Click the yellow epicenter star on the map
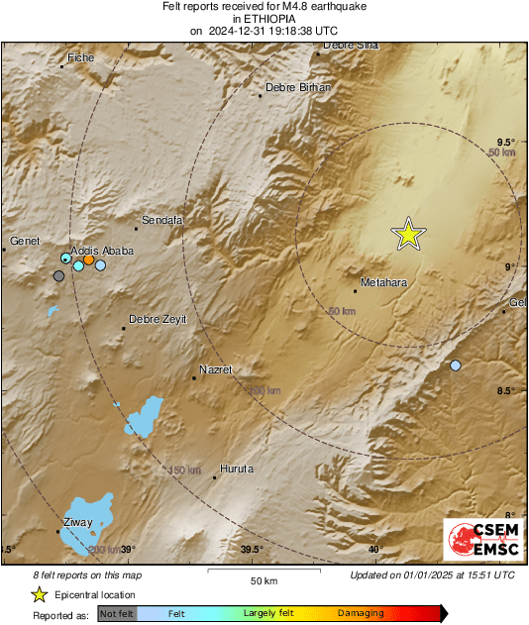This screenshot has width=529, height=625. click(x=407, y=235)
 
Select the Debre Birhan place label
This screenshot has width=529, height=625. click(x=298, y=88)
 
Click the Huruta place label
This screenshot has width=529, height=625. click(x=237, y=469)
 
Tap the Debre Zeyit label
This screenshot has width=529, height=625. click(x=159, y=319)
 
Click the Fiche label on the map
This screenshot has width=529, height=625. click(x=80, y=58)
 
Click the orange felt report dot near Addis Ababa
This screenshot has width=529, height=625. click(x=88, y=260)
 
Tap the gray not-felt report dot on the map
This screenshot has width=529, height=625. click(x=58, y=276)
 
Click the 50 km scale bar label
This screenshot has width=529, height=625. click(x=263, y=579)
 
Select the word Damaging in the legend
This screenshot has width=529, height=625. click(x=360, y=613)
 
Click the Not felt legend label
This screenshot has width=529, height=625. click(x=117, y=614)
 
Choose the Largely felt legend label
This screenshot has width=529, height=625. click(x=265, y=613)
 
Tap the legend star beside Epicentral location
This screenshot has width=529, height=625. click(x=39, y=594)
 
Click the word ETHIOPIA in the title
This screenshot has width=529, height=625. click(x=264, y=19)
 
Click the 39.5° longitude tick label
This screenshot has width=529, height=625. click(x=252, y=550)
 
